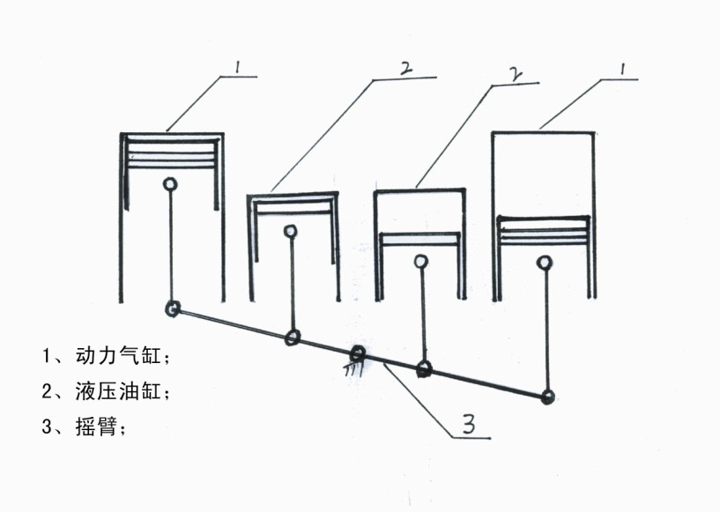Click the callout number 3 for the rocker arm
(469, 425)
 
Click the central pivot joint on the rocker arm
(358, 354)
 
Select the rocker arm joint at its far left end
(173, 308)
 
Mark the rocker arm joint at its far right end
(549, 397)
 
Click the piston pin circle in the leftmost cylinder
(170, 184)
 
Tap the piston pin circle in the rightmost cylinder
(546, 262)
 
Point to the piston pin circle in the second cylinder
(290, 232)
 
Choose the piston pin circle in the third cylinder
(421, 261)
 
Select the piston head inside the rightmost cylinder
(543, 229)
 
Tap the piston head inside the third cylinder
(419, 238)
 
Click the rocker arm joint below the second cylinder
(293, 337)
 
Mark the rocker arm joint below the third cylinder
(425, 369)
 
